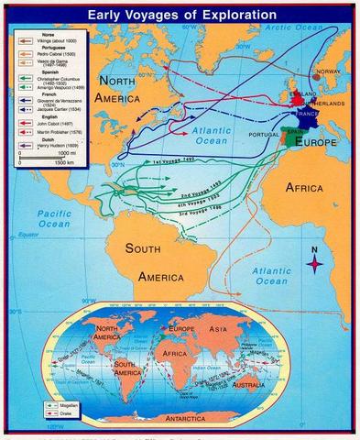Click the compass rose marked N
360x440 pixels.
(315, 263)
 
